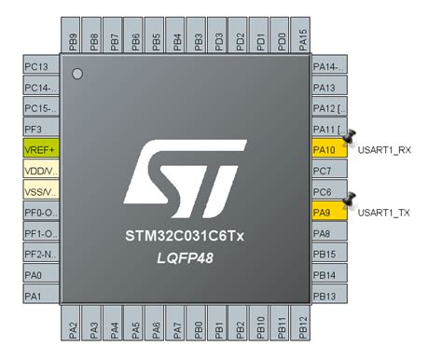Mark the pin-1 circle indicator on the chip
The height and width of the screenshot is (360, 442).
(x=78, y=73)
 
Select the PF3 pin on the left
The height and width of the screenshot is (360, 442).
(x=39, y=129)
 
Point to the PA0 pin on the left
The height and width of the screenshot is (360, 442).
(x=39, y=275)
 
